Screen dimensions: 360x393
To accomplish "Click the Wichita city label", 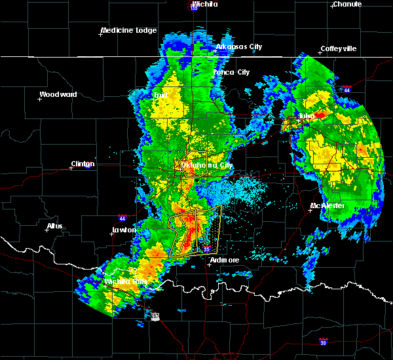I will pos(204,4).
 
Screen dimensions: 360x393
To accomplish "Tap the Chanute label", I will pos(347,4).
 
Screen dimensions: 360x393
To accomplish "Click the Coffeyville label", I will pos(338,49).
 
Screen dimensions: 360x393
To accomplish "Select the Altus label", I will pos(55,226).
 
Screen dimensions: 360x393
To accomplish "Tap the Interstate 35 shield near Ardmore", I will pos(206,249).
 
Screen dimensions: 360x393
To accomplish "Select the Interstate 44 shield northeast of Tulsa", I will pos(346,89).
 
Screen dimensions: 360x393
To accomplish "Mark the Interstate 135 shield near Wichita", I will pos(194,7).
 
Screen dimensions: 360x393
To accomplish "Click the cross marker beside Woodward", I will pos(40,99).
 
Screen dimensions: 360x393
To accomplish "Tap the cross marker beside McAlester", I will pos(311,210).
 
